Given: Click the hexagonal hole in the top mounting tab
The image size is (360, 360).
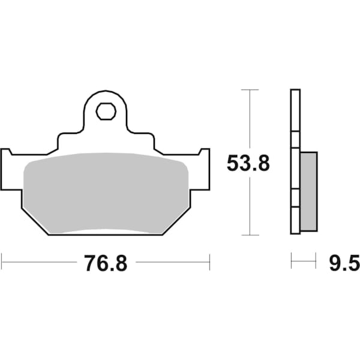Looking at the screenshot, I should [105, 111].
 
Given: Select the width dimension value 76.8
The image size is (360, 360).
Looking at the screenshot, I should [106, 263].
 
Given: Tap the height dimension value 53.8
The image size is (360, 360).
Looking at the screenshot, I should [248, 163].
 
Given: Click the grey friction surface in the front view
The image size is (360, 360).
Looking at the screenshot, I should [106, 192].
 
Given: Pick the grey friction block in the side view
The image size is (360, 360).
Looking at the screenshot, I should [308, 191].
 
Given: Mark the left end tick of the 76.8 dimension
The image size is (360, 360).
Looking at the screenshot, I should [2, 262].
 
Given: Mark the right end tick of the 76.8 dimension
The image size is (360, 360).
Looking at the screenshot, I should [209, 262].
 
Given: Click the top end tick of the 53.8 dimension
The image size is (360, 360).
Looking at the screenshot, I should [249, 89].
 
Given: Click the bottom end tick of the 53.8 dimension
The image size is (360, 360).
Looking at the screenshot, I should [249, 235].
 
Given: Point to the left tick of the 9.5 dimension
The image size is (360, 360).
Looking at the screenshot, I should [291, 261].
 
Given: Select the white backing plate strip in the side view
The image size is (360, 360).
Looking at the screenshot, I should [295, 162].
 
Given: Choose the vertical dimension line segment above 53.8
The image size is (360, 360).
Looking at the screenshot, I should [249, 120].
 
